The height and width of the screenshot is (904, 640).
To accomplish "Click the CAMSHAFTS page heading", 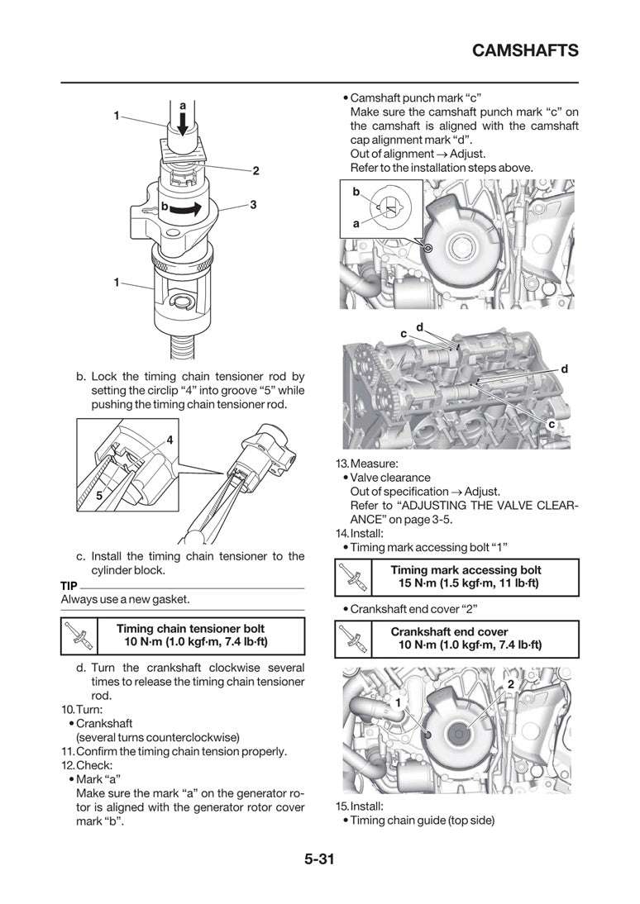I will pyautogui.click(x=524, y=51).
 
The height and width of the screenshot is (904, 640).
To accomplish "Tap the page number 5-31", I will pyautogui.click(x=319, y=859).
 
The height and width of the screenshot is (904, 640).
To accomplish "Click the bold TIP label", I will pyautogui.click(x=69, y=585).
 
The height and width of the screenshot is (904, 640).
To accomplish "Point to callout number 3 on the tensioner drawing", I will pyautogui.click(x=252, y=203).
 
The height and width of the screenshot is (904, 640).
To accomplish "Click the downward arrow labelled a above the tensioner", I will pyautogui.click(x=182, y=124).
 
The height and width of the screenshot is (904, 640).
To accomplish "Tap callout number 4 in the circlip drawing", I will pyautogui.click(x=169, y=440).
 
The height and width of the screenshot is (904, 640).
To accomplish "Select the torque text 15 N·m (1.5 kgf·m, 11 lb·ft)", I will pyautogui.click(x=468, y=583).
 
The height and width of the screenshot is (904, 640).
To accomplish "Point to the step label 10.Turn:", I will pyautogui.click(x=81, y=710).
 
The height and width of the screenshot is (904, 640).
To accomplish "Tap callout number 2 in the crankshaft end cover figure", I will pyautogui.click(x=510, y=685).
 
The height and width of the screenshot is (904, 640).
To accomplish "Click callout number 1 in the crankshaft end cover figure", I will pyautogui.click(x=398, y=702).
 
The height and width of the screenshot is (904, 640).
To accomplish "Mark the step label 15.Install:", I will pyautogui.click(x=360, y=806).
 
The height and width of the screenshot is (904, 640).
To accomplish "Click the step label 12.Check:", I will pyautogui.click(x=84, y=765).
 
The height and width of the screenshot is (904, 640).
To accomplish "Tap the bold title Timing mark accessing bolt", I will pyautogui.click(x=467, y=570).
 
